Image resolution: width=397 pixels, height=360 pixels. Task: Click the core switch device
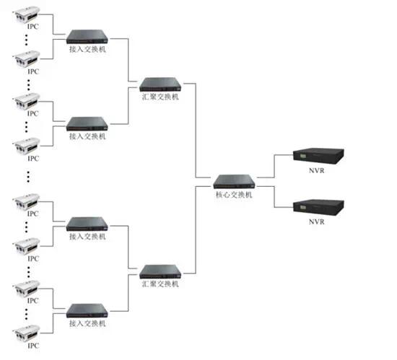tap(234, 182)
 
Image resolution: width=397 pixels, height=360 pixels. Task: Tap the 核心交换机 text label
tap(234, 195)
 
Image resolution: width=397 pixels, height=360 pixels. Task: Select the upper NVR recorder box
tap(318, 156)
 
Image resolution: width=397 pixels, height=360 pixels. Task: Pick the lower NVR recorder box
tap(318, 208)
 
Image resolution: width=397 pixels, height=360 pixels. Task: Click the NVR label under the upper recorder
tap(316, 171)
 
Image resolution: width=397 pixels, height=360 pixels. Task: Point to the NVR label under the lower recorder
tap(316, 222)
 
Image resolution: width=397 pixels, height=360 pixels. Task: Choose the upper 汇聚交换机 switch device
tap(160, 84)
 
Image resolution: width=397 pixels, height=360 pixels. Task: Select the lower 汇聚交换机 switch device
tap(160, 272)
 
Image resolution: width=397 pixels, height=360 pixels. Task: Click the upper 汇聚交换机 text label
tap(160, 97)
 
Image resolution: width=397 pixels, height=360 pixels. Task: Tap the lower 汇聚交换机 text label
tap(160, 284)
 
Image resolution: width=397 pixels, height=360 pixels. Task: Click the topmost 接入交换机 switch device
tap(87, 37)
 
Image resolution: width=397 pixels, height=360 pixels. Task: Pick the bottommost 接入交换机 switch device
tap(87, 311)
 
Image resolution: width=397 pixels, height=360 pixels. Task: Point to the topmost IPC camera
tap(26, 15)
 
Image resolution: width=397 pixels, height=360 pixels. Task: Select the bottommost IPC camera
tap(26, 333)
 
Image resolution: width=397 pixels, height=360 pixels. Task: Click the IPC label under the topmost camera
tap(33, 27)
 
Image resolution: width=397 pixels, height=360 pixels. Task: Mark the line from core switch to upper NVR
tap(274, 166)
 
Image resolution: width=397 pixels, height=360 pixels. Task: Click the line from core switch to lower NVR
tap(274, 197)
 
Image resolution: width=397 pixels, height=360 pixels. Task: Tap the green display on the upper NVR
tap(303, 155)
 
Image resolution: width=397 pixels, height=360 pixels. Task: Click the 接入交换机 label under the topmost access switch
tap(87, 49)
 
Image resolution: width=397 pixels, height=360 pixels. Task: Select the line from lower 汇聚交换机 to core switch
tap(196, 230)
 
